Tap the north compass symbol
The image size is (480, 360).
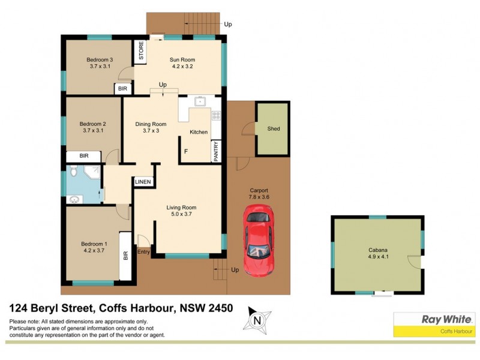(257, 320)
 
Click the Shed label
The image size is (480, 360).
(274, 129)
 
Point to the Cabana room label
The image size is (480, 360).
(378, 252)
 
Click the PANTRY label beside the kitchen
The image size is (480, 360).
(215, 151)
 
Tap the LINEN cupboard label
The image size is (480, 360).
(143, 182)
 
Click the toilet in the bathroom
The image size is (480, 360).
(73, 173)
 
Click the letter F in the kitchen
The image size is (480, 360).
(186, 151)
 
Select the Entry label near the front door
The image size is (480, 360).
(143, 252)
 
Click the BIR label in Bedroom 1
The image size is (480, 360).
(125, 256)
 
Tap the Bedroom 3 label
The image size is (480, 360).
(100, 59)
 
